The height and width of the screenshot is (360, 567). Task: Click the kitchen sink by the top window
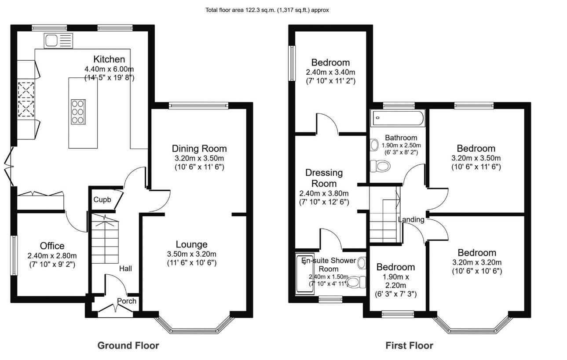[58, 41]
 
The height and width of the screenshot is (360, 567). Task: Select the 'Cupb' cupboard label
[102, 200]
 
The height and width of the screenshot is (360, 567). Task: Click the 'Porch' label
[126, 301]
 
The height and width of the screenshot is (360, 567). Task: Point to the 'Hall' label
[125, 268]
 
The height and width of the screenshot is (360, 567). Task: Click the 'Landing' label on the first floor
[411, 219]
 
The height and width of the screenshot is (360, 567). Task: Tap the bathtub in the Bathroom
[398, 118]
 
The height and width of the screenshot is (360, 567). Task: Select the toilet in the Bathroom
[380, 166]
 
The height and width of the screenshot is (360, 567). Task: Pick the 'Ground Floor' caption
[128, 345]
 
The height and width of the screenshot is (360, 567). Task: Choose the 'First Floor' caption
[409, 345]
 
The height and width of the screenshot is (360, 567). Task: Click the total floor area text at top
[267, 10]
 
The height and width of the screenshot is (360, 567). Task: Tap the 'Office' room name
[52, 246]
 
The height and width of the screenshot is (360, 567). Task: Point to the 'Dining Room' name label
[199, 148]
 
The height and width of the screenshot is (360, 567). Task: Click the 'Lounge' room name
[191, 244]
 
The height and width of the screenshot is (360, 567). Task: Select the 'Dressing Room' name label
[324, 178]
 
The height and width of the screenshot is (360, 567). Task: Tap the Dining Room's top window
[198, 105]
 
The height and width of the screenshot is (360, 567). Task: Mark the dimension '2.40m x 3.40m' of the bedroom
[330, 72]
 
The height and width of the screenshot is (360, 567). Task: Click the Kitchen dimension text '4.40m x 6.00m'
[109, 69]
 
